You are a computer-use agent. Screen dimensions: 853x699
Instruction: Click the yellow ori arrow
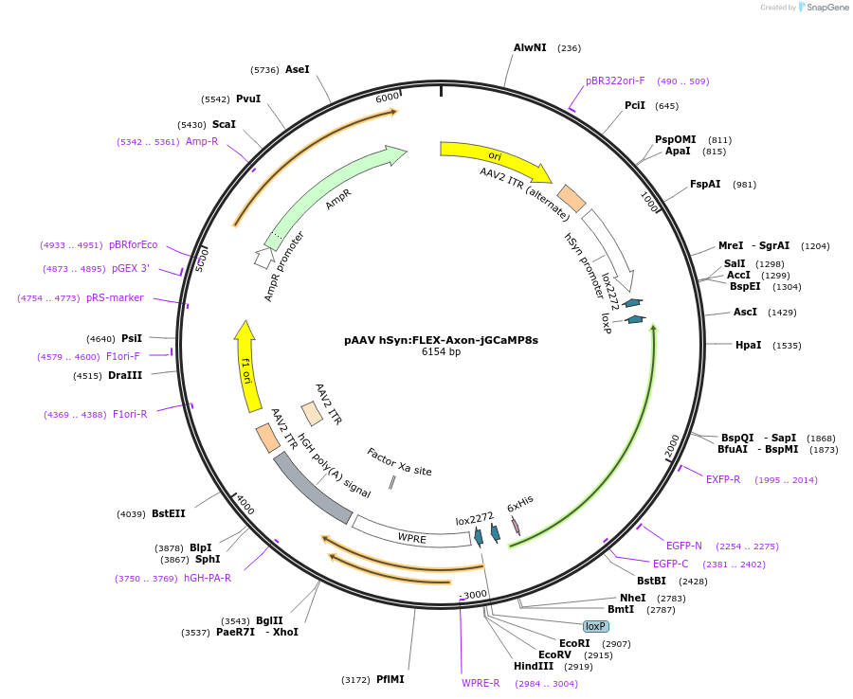coord(494,158)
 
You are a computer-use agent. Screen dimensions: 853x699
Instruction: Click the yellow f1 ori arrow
coord(245,367)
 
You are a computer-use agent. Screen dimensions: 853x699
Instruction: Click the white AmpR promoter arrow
coord(263,257)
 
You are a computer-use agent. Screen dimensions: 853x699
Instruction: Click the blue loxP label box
coord(596,626)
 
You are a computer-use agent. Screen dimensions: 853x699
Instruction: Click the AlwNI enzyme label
coord(530,48)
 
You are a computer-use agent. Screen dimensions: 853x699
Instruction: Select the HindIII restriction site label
coord(533,667)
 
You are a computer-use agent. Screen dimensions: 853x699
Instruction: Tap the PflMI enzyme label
coord(390,679)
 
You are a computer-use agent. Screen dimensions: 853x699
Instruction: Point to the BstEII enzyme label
coord(168,513)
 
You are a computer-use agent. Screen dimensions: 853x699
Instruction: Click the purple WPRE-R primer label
coord(481,683)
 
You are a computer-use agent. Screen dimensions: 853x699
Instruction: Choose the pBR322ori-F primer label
coord(615,81)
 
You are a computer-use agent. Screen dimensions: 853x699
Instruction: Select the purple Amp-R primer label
coord(202,141)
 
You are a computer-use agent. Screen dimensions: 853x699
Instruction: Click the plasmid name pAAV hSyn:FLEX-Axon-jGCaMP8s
coord(441,340)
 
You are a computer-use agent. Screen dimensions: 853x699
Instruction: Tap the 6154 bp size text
coord(441,351)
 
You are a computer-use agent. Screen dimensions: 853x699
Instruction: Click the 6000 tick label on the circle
coord(388,97)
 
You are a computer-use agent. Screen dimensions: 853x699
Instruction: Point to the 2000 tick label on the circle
coord(672,446)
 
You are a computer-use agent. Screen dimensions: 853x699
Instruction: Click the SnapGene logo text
coord(826,7)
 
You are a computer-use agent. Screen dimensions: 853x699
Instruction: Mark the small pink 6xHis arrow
coord(516,526)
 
